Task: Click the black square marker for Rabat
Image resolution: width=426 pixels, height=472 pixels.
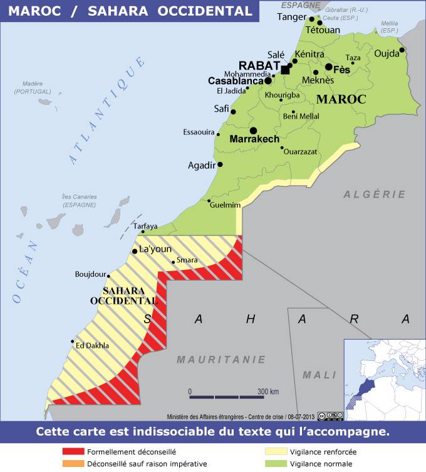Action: click(x=286, y=70)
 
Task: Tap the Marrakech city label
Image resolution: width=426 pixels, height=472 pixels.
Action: click(x=254, y=139)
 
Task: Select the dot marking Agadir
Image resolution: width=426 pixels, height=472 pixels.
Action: click(x=220, y=164)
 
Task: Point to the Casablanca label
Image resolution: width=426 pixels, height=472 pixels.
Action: click(x=235, y=81)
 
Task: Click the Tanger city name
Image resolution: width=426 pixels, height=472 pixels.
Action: click(x=291, y=17)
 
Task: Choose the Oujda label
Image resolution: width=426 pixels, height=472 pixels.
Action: click(x=386, y=53)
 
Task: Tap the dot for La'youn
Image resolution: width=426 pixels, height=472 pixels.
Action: click(x=134, y=252)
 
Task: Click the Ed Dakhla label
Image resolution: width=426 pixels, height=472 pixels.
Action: click(x=92, y=345)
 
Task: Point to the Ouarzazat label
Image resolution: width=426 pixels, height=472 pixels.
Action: click(x=300, y=151)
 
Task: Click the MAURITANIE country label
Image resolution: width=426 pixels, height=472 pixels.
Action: click(x=212, y=360)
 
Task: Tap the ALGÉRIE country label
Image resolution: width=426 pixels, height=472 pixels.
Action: click(x=375, y=195)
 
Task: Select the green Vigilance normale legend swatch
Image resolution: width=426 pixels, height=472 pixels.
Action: click(x=276, y=464)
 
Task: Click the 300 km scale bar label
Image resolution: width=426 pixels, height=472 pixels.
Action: click(x=268, y=392)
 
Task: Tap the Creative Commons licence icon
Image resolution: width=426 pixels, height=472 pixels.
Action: click(x=330, y=416)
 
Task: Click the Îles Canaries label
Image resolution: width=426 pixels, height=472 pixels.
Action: click(x=79, y=200)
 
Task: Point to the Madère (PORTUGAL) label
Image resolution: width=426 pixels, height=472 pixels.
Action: click(x=33, y=87)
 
